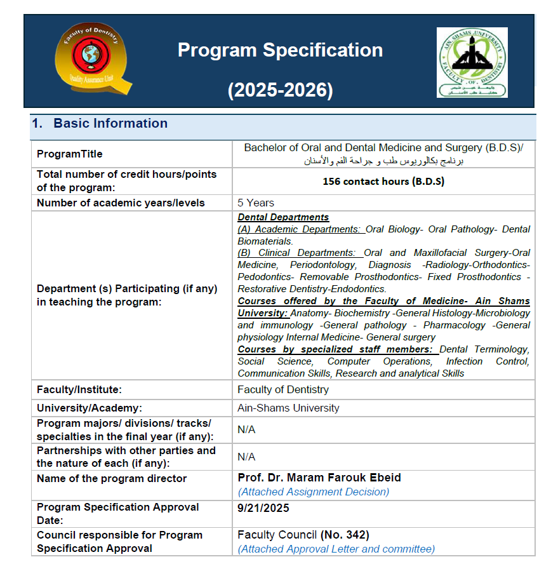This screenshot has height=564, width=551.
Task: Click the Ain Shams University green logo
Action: tap(472, 62)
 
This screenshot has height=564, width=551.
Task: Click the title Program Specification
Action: tap(280, 50)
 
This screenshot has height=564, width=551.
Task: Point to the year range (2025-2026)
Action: tap(280, 91)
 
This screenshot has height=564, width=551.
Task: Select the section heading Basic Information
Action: tap(110, 123)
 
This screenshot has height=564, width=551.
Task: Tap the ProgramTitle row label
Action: tap(70, 154)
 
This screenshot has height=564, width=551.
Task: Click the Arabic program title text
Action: tap(385, 161)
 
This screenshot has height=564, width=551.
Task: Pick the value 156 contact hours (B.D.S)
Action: tap(383, 181)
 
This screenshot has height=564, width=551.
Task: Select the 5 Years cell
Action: tap(256, 203)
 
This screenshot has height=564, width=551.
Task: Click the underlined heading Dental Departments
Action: tap(283, 217)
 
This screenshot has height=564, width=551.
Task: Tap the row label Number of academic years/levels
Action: tap(121, 203)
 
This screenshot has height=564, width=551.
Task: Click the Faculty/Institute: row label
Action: tap(79, 389)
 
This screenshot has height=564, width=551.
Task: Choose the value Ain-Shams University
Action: tap(288, 408)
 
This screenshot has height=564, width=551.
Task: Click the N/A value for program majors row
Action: tap(246, 429)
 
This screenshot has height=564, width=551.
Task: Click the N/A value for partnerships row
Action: tap(246, 457)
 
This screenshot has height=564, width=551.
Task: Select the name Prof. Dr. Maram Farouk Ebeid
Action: tap(319, 478)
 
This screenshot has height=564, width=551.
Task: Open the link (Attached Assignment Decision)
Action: tap(314, 492)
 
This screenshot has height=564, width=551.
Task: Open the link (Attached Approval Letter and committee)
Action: tap(336, 549)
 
